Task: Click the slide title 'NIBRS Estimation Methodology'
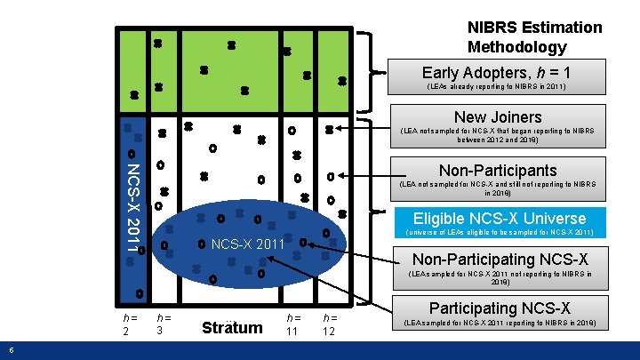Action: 534,37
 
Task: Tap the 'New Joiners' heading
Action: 497,116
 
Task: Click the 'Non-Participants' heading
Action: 497,170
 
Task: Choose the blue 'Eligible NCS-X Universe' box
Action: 499,218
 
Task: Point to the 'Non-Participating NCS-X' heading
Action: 499,259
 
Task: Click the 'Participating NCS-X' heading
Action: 499,308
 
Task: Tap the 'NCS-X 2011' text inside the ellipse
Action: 247,244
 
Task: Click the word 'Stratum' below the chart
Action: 233,327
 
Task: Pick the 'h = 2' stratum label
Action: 130,323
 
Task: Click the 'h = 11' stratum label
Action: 293,323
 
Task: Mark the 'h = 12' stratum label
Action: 330,323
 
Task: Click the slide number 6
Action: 9,348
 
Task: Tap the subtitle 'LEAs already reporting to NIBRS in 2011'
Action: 496,87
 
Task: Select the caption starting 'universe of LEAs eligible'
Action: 499,233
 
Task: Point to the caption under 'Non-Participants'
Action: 497,188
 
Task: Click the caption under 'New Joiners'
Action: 497,135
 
